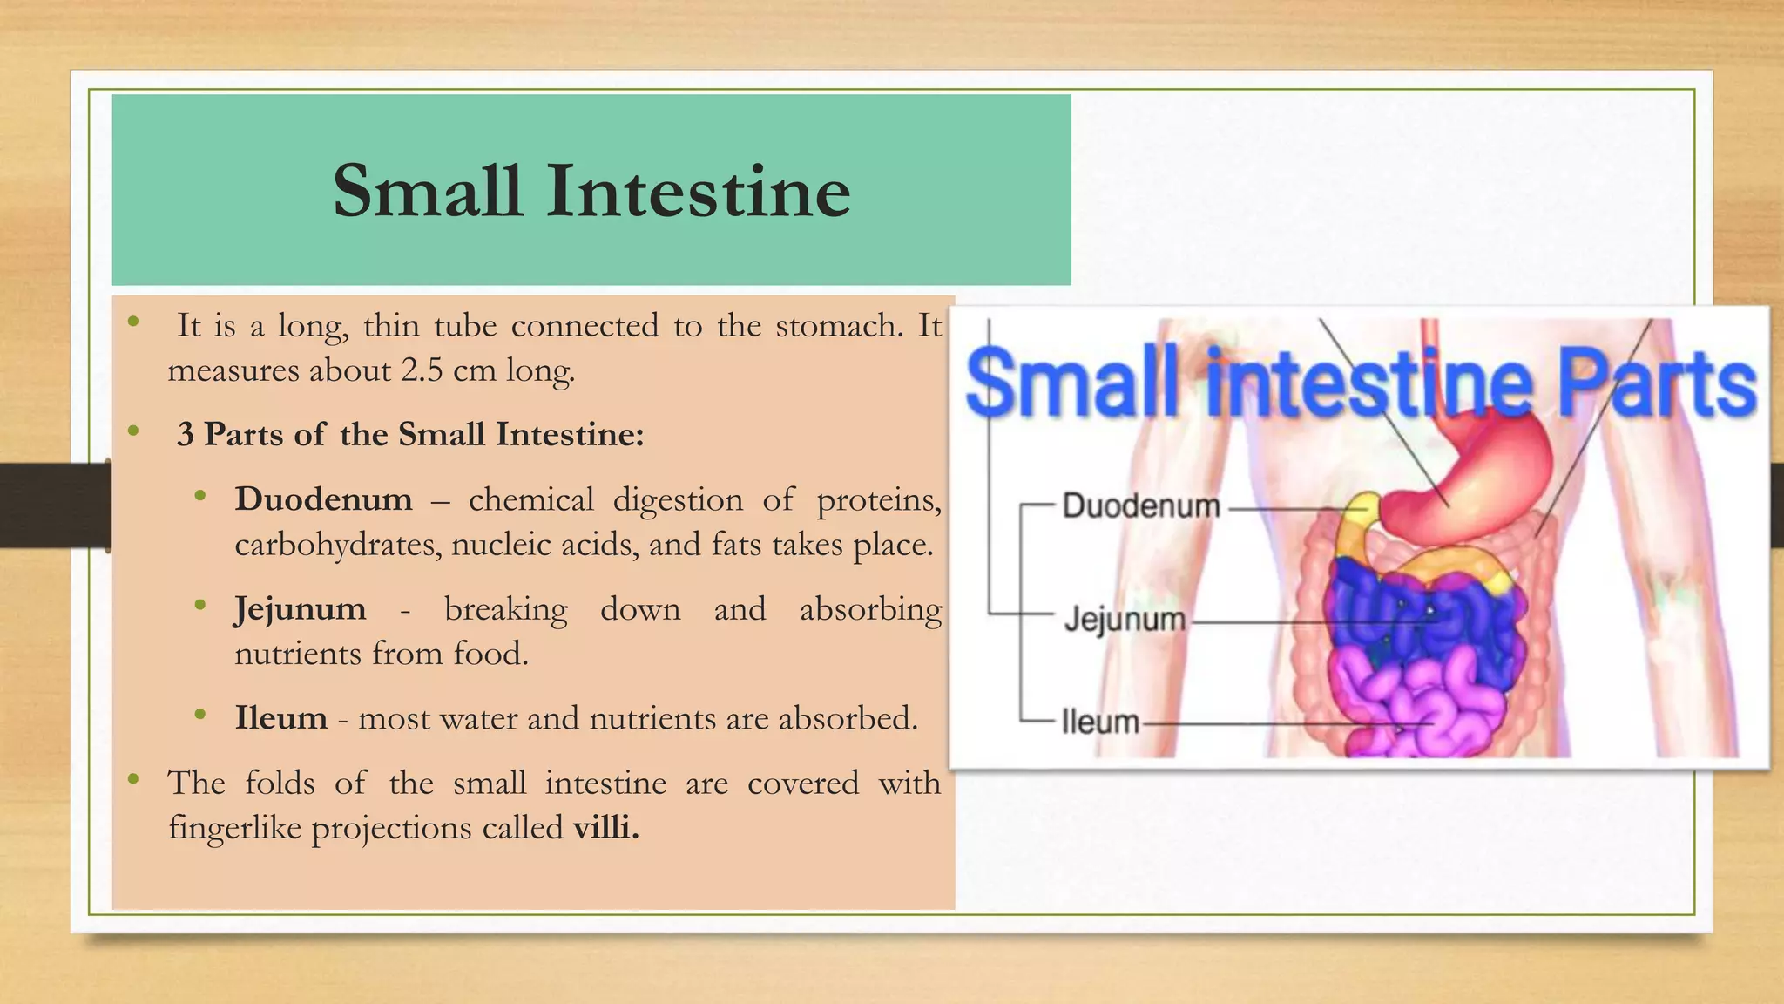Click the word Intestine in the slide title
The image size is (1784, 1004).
coord(698,192)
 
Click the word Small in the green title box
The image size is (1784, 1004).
coord(427,192)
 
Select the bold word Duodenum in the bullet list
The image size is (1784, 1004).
coord(323,499)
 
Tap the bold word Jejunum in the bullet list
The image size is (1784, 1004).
coord(300,609)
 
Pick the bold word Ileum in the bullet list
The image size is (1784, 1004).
coord(280,718)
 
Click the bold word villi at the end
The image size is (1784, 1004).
coord(605,827)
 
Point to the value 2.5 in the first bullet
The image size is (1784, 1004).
coord(422,370)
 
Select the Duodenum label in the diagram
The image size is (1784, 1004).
coord(1140,506)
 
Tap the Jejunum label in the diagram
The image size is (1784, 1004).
coord(1125,620)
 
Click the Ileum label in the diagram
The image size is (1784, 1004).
coord(1100,722)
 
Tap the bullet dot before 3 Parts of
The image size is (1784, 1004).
coord(133,431)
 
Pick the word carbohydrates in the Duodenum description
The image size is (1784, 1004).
coord(337,545)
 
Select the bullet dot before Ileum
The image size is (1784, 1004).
coord(200,715)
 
